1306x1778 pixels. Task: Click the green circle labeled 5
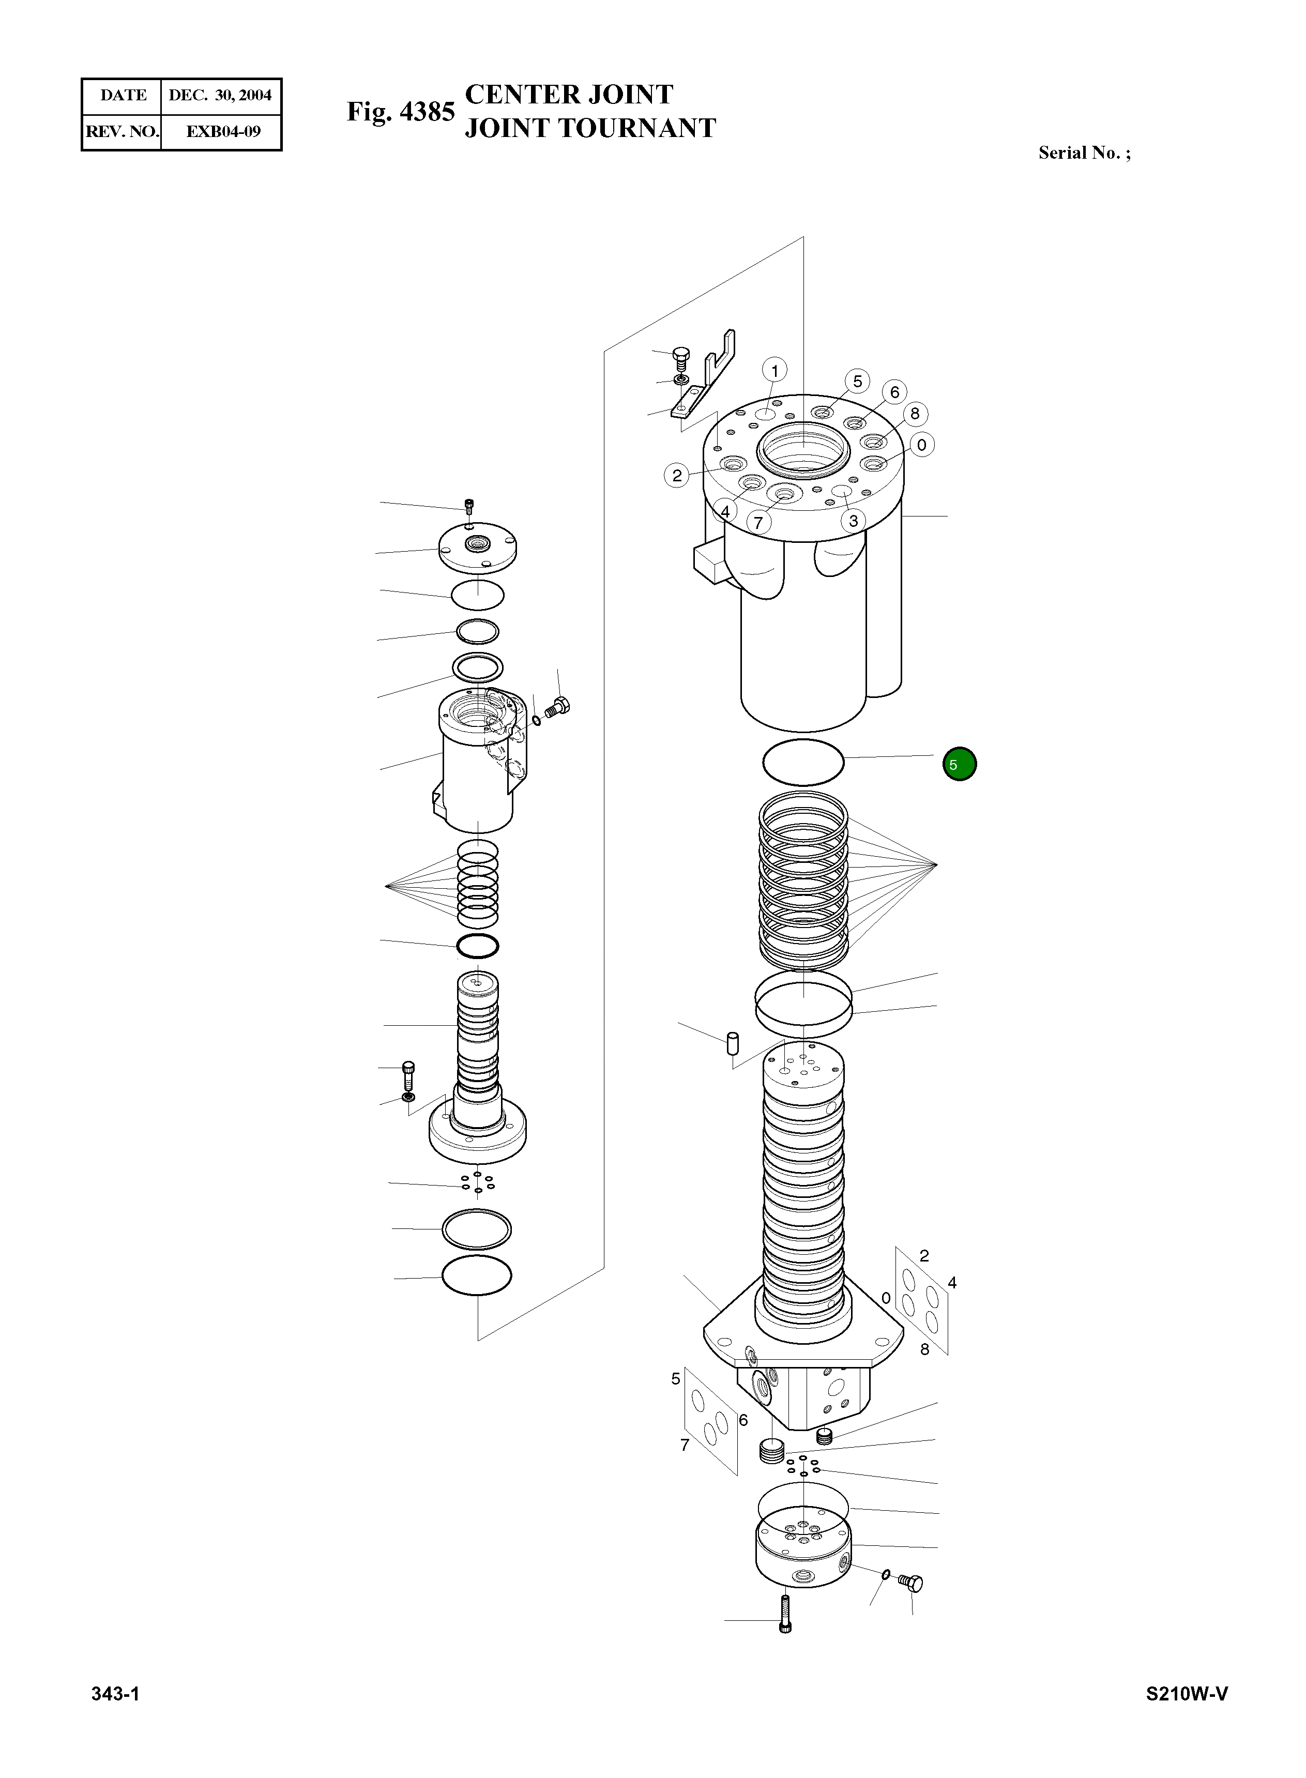tap(959, 765)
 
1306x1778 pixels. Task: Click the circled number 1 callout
tap(775, 371)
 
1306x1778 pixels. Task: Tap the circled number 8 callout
tap(915, 414)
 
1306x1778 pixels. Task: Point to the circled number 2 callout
tap(677, 475)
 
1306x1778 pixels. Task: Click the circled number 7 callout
tap(758, 523)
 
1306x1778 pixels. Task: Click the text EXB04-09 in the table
tap(222, 131)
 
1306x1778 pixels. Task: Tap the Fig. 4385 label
tap(401, 112)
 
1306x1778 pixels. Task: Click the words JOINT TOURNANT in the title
tap(590, 128)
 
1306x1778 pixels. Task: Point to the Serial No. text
tap(1084, 154)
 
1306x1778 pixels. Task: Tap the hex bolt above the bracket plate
tap(681, 360)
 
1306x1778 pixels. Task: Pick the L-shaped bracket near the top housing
tap(706, 375)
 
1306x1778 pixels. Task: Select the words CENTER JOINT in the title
tap(568, 95)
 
